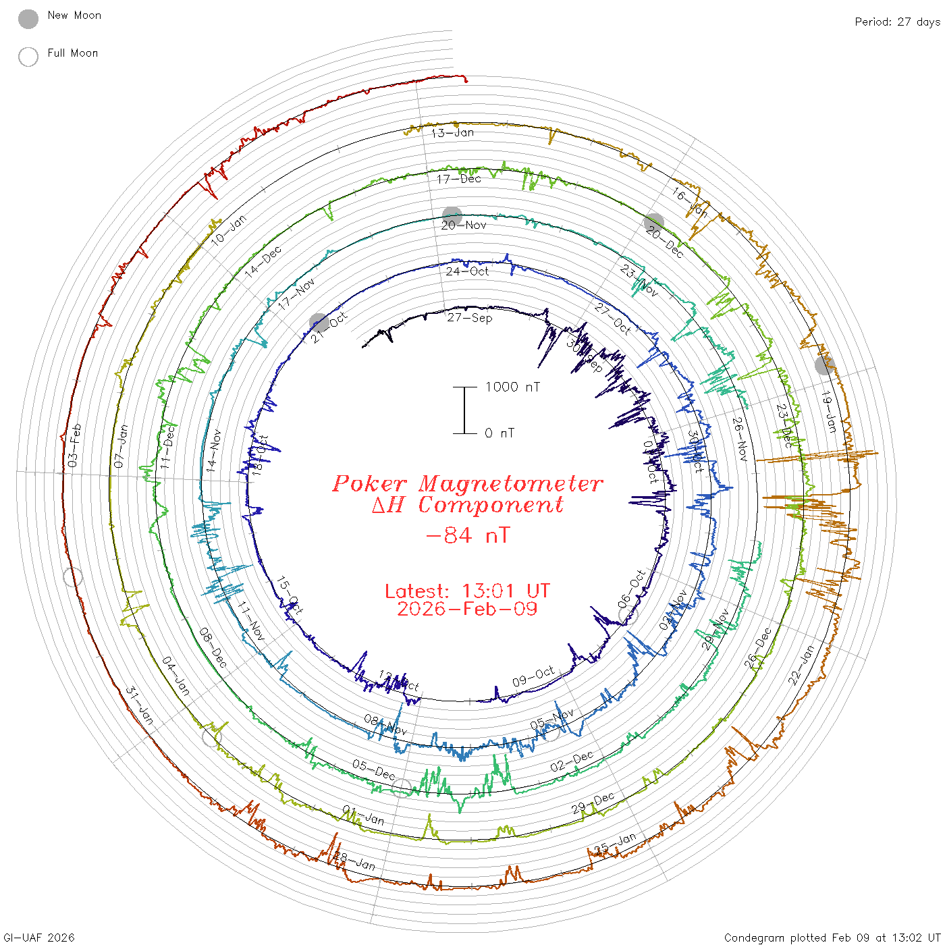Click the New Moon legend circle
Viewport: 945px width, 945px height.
point(28,20)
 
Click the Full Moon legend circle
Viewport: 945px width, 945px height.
point(28,57)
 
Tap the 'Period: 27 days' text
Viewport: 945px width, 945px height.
point(897,22)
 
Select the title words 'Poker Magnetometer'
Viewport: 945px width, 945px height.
point(467,484)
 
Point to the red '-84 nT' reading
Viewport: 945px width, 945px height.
point(467,536)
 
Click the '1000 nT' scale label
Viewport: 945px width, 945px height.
point(512,387)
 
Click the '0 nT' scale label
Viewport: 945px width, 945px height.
point(499,433)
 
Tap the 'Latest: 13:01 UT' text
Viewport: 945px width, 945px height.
point(467,591)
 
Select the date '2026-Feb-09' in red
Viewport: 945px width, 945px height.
point(467,609)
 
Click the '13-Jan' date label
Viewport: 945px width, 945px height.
point(452,133)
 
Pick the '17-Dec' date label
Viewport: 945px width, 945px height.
point(458,179)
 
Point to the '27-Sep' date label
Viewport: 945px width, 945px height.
point(469,317)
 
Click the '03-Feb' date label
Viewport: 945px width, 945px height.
point(74,445)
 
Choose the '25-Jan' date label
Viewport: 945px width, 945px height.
point(615,844)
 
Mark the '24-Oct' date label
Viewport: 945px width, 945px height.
point(467,271)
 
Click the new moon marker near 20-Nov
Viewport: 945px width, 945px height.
point(452,216)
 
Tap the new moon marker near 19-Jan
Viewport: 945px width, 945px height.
point(824,365)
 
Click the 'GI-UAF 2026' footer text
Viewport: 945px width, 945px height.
point(39,938)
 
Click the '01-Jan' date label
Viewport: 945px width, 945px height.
point(363,815)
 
